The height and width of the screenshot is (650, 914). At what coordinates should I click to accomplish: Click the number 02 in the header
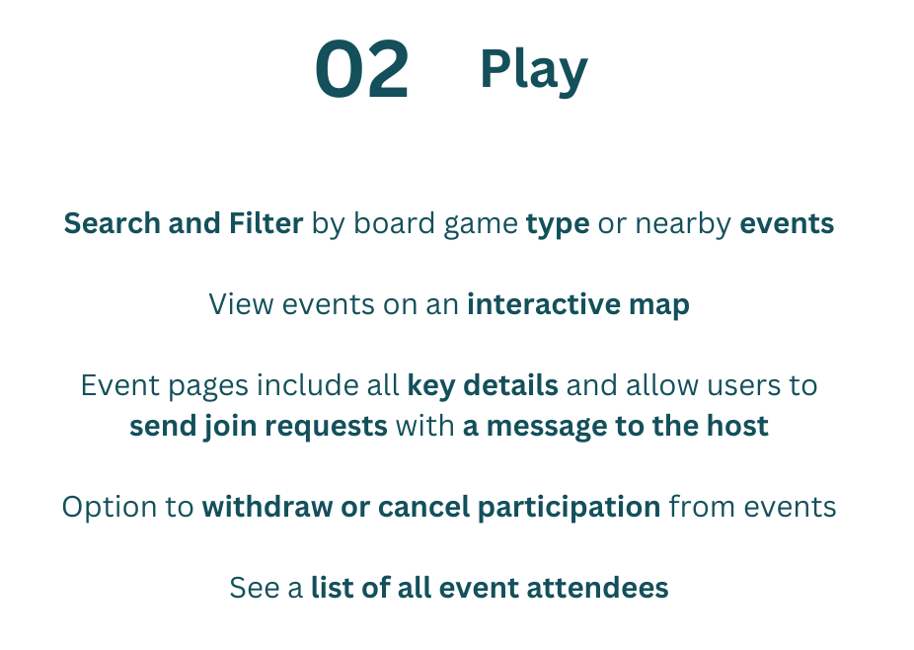pos(362,69)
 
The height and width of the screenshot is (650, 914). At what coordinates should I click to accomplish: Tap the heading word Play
pos(534,71)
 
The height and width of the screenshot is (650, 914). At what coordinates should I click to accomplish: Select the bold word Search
pos(112,223)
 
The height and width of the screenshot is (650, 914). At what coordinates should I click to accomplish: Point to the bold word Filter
pos(266,223)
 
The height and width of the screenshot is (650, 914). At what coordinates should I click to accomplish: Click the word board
pos(394,223)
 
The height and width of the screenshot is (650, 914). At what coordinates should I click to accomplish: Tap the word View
pos(241,304)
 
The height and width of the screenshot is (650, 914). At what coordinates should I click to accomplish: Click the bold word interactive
pos(544,304)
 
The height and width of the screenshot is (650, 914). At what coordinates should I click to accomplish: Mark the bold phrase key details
pos(483,385)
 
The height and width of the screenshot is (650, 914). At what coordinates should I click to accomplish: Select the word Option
pos(110,508)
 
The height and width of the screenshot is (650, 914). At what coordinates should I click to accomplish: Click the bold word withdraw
pos(267,507)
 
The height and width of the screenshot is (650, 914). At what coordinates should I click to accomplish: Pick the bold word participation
pos(569,508)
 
